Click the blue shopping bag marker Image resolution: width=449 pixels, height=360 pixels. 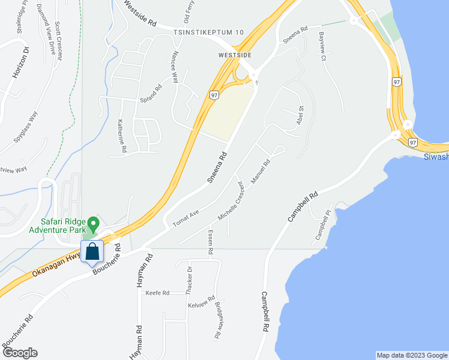click(x=92, y=251)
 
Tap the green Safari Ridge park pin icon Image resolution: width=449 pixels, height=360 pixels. click(x=93, y=225)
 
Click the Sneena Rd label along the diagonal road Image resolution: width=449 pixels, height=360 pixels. click(x=218, y=167)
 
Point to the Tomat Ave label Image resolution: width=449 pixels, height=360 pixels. click(x=185, y=218)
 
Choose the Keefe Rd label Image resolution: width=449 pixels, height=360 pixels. click(x=157, y=293)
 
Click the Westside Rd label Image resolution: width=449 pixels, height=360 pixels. click(x=140, y=13)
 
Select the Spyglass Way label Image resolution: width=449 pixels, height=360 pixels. click(x=27, y=127)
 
